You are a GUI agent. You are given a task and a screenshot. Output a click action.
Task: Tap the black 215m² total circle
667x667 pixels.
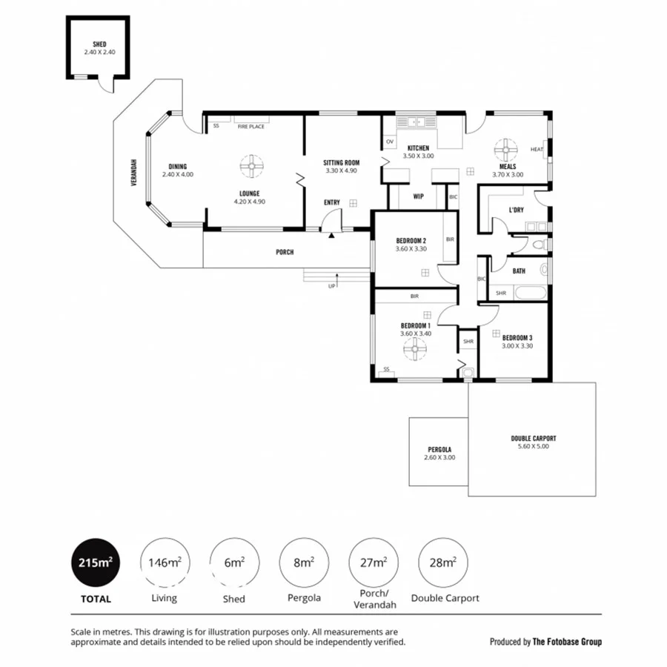pos(95,563)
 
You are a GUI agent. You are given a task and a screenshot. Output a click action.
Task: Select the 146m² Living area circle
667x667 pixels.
pos(165,563)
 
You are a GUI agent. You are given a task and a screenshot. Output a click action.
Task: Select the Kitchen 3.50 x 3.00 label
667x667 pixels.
pos(418,153)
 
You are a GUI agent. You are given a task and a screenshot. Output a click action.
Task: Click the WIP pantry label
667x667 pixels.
pos(418,196)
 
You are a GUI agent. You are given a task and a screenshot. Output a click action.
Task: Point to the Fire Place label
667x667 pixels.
pos(250,127)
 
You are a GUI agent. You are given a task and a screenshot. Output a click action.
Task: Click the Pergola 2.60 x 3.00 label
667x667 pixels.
pos(439,454)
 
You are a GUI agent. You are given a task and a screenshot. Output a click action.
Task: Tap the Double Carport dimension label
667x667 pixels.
pos(534,442)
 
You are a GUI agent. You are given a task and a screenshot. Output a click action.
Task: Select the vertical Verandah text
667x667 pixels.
pos(134,172)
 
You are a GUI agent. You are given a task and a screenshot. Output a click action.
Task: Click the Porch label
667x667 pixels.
pos(285,252)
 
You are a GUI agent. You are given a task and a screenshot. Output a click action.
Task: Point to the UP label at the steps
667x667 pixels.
pos(331,286)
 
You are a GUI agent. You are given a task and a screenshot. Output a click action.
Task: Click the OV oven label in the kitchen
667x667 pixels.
pos(390,141)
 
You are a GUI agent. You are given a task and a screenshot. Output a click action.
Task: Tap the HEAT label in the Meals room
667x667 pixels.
pos(537,149)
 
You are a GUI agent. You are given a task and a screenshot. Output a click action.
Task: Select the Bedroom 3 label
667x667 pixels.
pos(517,341)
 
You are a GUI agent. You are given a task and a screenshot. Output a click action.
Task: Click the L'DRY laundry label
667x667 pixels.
pos(517,210)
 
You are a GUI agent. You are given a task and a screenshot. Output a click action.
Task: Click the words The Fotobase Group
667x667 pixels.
pos(567,642)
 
